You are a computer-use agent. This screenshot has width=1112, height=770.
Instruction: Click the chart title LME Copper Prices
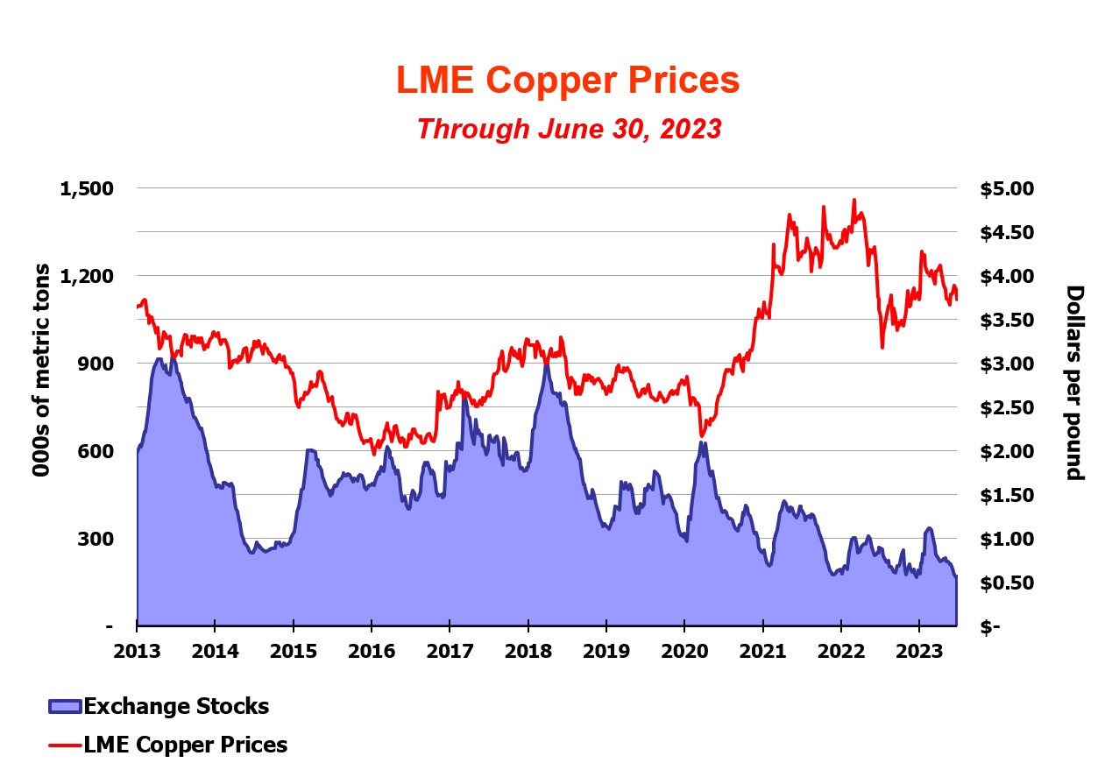coord(568,81)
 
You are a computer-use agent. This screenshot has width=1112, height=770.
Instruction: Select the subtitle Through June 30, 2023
coord(569,129)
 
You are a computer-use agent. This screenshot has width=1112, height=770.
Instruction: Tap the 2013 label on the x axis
coord(137,653)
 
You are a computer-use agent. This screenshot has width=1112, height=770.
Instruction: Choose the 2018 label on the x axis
coord(528,653)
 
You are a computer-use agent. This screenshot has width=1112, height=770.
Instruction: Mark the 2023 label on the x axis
coord(918,653)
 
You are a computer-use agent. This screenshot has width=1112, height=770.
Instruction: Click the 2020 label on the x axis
coord(683,653)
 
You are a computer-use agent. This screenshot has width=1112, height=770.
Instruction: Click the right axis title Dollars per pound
coord(1074,383)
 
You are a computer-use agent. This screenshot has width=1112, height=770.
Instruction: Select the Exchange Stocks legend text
coord(176,706)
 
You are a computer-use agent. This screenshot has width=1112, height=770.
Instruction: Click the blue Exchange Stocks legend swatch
coord(65,707)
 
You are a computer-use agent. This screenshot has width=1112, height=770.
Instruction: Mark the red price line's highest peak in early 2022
coord(854,200)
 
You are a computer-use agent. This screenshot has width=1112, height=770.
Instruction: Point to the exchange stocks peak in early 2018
coord(546,363)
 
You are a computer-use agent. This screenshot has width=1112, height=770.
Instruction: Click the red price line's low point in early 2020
coord(701,435)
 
